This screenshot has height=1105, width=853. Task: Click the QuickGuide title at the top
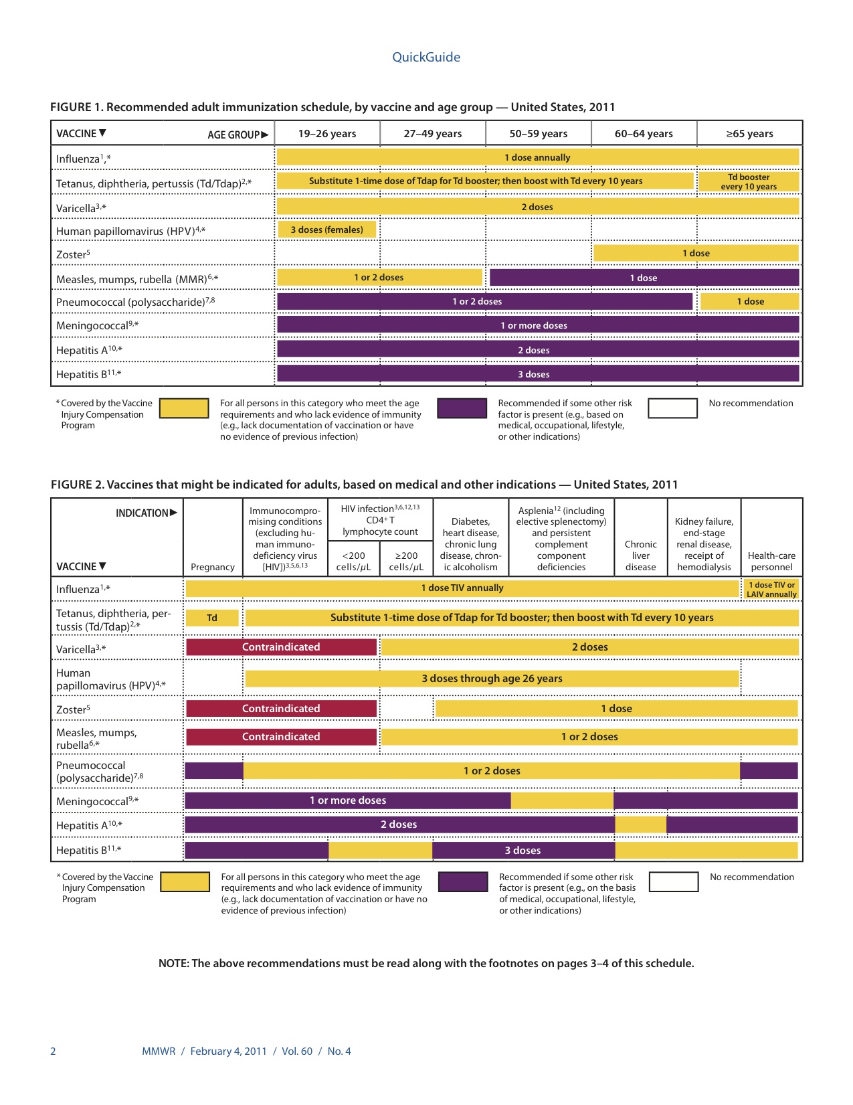pyautogui.click(x=426, y=58)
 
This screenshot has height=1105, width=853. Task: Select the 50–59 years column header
pyautogui.click(x=538, y=134)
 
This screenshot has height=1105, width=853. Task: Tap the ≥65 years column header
pyautogui.click(x=749, y=134)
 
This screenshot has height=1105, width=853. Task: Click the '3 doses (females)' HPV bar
pyautogui.click(x=327, y=230)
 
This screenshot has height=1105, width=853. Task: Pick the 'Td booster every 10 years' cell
pyautogui.click(x=749, y=182)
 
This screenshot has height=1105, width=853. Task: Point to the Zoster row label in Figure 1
pyautogui.click(x=73, y=254)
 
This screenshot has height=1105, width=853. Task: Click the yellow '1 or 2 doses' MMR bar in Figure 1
pyautogui.click(x=379, y=277)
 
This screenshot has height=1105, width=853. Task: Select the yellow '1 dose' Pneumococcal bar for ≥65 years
pyautogui.click(x=750, y=301)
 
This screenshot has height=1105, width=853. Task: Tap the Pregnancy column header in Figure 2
pyautogui.click(x=213, y=567)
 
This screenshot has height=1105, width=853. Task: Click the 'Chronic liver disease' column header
pyautogui.click(x=640, y=556)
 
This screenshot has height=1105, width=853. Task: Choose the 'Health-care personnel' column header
pyautogui.click(x=771, y=561)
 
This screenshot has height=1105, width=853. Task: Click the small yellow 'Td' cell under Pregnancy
pyautogui.click(x=212, y=618)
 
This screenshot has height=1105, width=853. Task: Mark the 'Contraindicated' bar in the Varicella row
pyautogui.click(x=281, y=647)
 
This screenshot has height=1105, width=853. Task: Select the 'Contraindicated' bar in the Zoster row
pyautogui.click(x=281, y=709)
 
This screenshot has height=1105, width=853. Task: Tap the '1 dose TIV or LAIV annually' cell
pyautogui.click(x=771, y=590)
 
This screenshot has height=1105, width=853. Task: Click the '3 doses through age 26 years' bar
pyautogui.click(x=492, y=679)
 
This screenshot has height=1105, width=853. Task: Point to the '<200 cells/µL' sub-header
pyautogui.click(x=353, y=561)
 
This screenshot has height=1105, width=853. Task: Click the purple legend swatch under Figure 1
pyautogui.click(x=462, y=408)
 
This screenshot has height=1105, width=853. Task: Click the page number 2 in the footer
pyautogui.click(x=54, y=1051)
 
